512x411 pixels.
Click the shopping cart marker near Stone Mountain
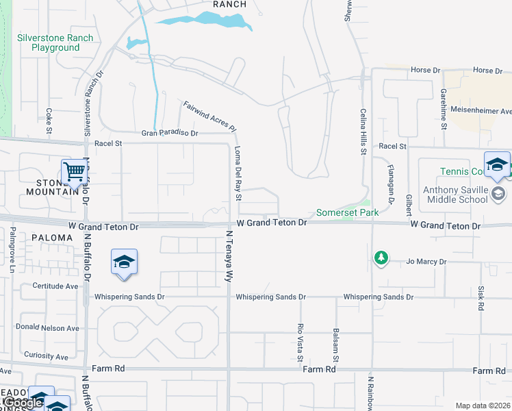pos(73,173)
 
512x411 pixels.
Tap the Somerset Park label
pos(347,213)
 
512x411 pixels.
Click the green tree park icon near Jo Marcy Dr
pos(381,258)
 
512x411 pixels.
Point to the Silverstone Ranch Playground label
pos(49,42)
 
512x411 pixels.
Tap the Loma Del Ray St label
pos(238,173)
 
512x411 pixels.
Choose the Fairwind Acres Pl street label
pos(209,116)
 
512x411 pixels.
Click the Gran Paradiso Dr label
pos(169,133)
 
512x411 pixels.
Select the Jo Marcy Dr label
pos(426,262)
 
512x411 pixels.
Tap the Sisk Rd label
pos(481,299)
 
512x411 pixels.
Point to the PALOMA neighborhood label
pos(51,238)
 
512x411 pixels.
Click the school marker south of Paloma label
pos(124,263)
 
